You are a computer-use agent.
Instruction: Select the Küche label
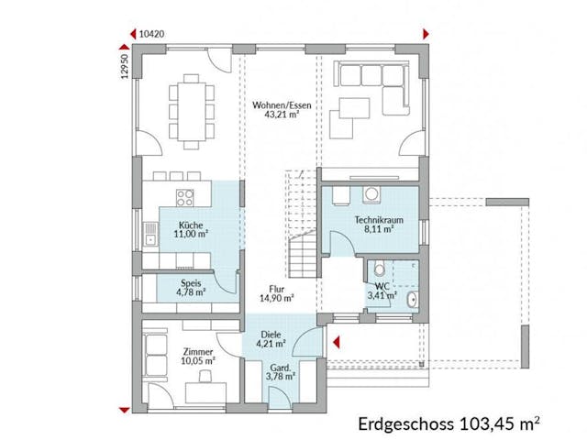click(x=191, y=225)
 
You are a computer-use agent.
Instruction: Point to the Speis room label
click(x=191, y=283)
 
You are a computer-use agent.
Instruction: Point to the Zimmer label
click(x=198, y=352)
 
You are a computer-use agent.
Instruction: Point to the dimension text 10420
click(x=151, y=32)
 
